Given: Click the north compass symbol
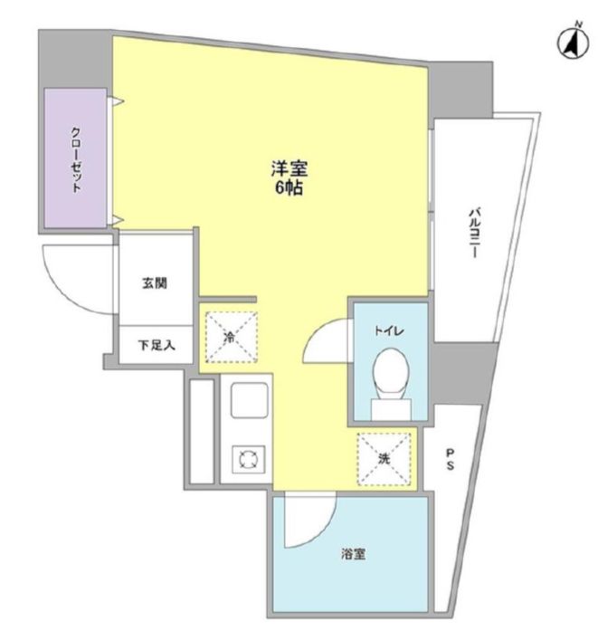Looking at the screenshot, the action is (573, 42).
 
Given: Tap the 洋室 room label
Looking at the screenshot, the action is (290, 168).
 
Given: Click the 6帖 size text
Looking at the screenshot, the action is (289, 188).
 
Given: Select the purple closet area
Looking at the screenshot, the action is (75, 158).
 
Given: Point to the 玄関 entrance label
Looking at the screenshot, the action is (155, 283).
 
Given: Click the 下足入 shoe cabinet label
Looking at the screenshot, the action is (157, 345).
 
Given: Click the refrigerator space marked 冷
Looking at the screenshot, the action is (232, 338).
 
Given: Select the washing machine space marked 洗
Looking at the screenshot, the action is (384, 459).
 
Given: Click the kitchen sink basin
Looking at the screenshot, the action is (250, 400).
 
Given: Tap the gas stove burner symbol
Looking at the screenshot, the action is (248, 459).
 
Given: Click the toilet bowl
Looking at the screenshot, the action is (390, 371).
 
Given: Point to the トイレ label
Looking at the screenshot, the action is (388, 331).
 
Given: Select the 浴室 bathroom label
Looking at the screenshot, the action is (353, 554).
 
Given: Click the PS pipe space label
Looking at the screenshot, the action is (451, 459).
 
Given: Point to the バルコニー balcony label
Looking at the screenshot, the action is (474, 233).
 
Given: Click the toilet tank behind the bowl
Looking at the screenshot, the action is (391, 409).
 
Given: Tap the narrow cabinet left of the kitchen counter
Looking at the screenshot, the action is (202, 431).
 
